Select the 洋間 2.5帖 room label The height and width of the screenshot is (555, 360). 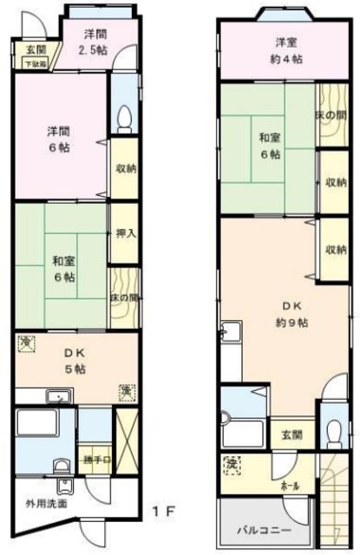point(95,42)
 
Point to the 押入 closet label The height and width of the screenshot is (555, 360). point(122,233)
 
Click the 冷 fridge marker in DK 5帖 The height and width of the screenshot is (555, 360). point(26,344)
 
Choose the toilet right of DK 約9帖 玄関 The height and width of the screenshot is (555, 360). point(331,429)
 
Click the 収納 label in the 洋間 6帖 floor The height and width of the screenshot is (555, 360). point(122,167)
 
